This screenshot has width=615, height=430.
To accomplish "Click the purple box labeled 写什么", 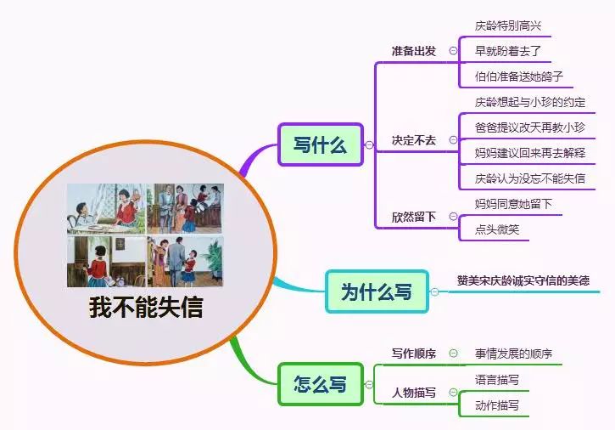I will (x=320, y=144).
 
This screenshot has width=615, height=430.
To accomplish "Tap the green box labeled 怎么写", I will (x=320, y=383).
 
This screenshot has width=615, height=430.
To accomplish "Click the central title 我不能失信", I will (x=146, y=307).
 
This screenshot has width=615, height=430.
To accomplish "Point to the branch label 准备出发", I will (x=413, y=51).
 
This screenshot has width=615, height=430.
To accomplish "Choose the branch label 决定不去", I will (x=413, y=140).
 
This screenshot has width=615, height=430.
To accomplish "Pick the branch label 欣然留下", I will (x=413, y=217).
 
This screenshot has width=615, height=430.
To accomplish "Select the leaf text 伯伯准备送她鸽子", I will (x=518, y=76).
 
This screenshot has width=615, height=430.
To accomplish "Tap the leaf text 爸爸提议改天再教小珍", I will (x=529, y=127).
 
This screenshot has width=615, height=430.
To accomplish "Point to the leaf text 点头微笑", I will (x=496, y=229).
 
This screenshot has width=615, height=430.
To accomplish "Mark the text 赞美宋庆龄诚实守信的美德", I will (x=523, y=280).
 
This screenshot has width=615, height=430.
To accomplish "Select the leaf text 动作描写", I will (x=496, y=405).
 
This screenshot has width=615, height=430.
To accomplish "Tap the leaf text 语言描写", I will (x=496, y=380).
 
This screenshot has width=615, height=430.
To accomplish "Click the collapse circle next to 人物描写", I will (x=453, y=393).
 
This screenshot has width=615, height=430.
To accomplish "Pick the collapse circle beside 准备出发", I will (x=453, y=51).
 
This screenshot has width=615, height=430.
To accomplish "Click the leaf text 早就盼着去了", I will (x=507, y=51).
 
